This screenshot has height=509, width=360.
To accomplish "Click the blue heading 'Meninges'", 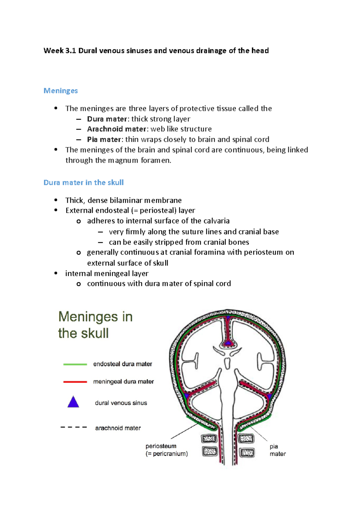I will pos(61,91).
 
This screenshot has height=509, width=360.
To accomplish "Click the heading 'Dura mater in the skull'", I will pos(83,183).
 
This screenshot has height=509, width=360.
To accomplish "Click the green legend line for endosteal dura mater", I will pos(75,364).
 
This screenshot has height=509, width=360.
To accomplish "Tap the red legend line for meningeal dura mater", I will pos(75,382).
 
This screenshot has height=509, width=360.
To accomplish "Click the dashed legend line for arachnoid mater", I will pos(74,427).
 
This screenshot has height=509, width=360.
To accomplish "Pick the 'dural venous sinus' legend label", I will pos(121,403).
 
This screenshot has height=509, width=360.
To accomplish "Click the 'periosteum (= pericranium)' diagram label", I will pos(166,450).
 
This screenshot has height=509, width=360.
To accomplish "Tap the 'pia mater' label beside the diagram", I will pos(277,450).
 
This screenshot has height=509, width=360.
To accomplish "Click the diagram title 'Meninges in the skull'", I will pos(95,325).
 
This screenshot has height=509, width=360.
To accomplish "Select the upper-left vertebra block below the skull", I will pos(209,439).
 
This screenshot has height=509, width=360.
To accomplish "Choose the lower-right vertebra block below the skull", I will pos(247,452).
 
